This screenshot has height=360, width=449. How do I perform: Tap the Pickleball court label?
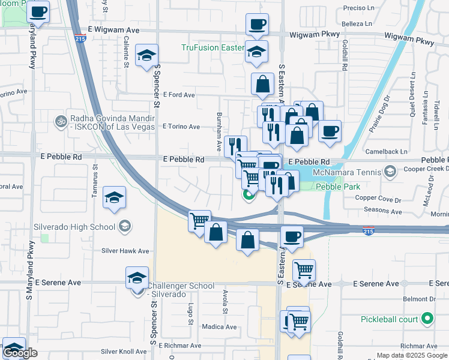[x=389, y=319]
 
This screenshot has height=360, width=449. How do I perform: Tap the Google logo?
[x=20, y=353]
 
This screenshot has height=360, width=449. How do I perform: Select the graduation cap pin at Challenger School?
[x=137, y=278]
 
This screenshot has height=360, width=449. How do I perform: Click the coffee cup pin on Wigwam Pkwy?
[x=257, y=25]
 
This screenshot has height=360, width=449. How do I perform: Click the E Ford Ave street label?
[x=179, y=95]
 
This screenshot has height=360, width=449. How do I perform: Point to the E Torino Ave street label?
[x=181, y=127]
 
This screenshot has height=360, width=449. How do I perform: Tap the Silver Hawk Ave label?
[x=125, y=251]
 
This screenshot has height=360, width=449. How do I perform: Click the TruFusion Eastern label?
[x=213, y=48]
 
